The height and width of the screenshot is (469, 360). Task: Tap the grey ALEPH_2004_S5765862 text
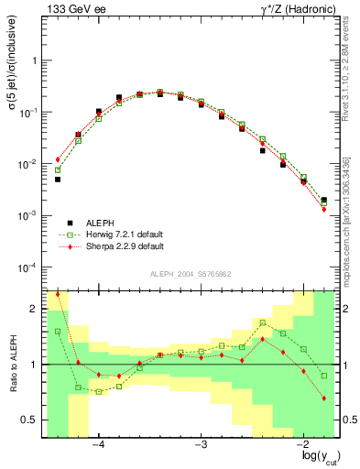pos(190,274)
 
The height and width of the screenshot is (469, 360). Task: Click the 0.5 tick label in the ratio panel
pos(29,420)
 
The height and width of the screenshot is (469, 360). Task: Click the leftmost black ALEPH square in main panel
pos(58,180)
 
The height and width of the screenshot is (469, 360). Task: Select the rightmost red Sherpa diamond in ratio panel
pos(324,398)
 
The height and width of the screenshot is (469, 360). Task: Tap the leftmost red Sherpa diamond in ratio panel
pos(58,294)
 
